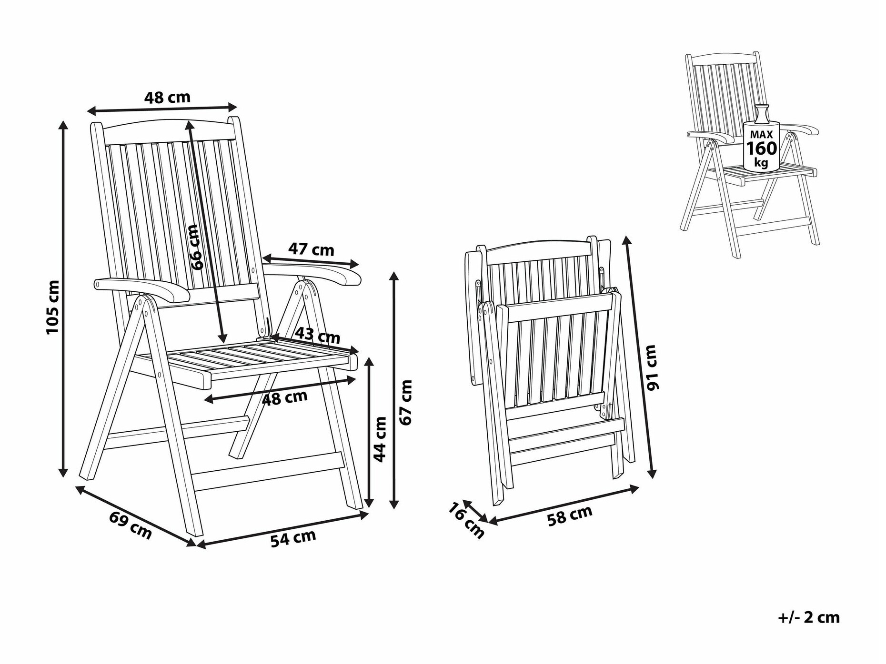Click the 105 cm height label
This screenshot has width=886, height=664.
53,307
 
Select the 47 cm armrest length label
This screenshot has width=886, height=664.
311,249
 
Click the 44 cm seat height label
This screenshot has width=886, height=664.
380,439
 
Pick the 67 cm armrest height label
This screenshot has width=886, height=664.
405,402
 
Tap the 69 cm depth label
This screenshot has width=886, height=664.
131,525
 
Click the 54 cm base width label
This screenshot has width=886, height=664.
293,538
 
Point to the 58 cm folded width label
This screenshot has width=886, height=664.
570,515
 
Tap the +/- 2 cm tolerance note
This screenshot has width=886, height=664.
809,618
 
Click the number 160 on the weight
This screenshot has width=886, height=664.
761,149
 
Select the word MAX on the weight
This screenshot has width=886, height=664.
761,135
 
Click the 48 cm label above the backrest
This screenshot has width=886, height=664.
167,98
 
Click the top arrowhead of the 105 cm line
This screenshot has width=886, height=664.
63,126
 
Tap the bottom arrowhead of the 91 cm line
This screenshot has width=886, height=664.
653,473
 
